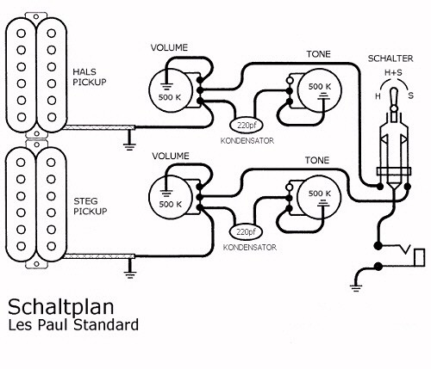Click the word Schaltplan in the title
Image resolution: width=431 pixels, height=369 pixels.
[61, 307]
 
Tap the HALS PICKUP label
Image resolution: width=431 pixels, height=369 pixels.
[90, 77]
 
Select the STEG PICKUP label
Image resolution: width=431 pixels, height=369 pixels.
[91, 206]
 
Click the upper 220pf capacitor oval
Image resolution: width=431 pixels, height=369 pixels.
[247, 125]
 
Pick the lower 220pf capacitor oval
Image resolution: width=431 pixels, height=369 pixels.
[247, 231]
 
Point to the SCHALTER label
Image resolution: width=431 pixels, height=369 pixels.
[390, 58]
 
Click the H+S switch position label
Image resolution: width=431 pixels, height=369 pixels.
[393, 72]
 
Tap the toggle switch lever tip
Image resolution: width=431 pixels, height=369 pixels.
[394, 91]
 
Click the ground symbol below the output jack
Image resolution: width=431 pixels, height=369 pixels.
[356, 288]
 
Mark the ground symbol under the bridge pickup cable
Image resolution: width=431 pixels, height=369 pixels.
[130, 275]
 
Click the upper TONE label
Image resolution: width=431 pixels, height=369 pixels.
[318, 54]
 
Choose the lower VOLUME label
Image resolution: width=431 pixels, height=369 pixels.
[171, 156]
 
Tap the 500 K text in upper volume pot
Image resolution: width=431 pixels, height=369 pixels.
[170, 97]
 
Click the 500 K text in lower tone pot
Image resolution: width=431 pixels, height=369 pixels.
[320, 194]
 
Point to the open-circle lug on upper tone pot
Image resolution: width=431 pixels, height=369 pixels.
[290, 81]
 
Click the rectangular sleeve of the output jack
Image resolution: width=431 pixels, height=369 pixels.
[419, 258]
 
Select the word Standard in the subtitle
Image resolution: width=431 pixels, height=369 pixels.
[106, 325]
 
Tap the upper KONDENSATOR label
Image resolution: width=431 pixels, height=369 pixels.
[247, 141]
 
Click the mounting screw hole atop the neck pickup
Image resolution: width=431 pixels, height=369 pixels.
[36, 16]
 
